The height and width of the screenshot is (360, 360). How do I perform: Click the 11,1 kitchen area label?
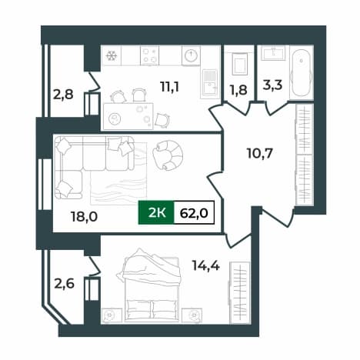(169, 87)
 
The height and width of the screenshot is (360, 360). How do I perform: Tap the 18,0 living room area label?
(84, 217)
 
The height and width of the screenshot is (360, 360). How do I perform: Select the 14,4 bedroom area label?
(206, 266)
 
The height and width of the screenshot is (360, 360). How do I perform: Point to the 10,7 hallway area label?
(259, 153)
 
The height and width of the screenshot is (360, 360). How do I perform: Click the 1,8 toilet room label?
(238, 90)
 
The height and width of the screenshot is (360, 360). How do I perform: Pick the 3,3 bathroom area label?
(272, 85)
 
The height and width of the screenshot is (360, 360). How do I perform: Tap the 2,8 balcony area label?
(63, 95)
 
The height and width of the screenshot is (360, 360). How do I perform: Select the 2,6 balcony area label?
(64, 284)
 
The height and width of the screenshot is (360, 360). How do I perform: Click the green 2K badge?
(156, 212)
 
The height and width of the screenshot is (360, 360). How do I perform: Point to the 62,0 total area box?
(194, 212)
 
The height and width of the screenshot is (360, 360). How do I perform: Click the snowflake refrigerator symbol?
(112, 55)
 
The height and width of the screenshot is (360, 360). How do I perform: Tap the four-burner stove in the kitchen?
(150, 55)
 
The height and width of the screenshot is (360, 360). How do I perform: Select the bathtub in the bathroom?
(302, 73)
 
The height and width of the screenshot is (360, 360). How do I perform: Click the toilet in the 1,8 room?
(239, 63)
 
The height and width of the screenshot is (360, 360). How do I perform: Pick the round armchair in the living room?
(168, 155)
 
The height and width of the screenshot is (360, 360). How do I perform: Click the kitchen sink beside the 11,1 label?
(209, 84)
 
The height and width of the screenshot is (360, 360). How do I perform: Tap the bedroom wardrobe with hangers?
(239, 292)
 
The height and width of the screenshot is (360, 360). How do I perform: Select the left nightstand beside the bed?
(112, 315)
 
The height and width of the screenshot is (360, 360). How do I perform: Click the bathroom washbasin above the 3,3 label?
(274, 53)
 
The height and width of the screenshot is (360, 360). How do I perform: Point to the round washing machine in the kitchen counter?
(191, 55)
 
